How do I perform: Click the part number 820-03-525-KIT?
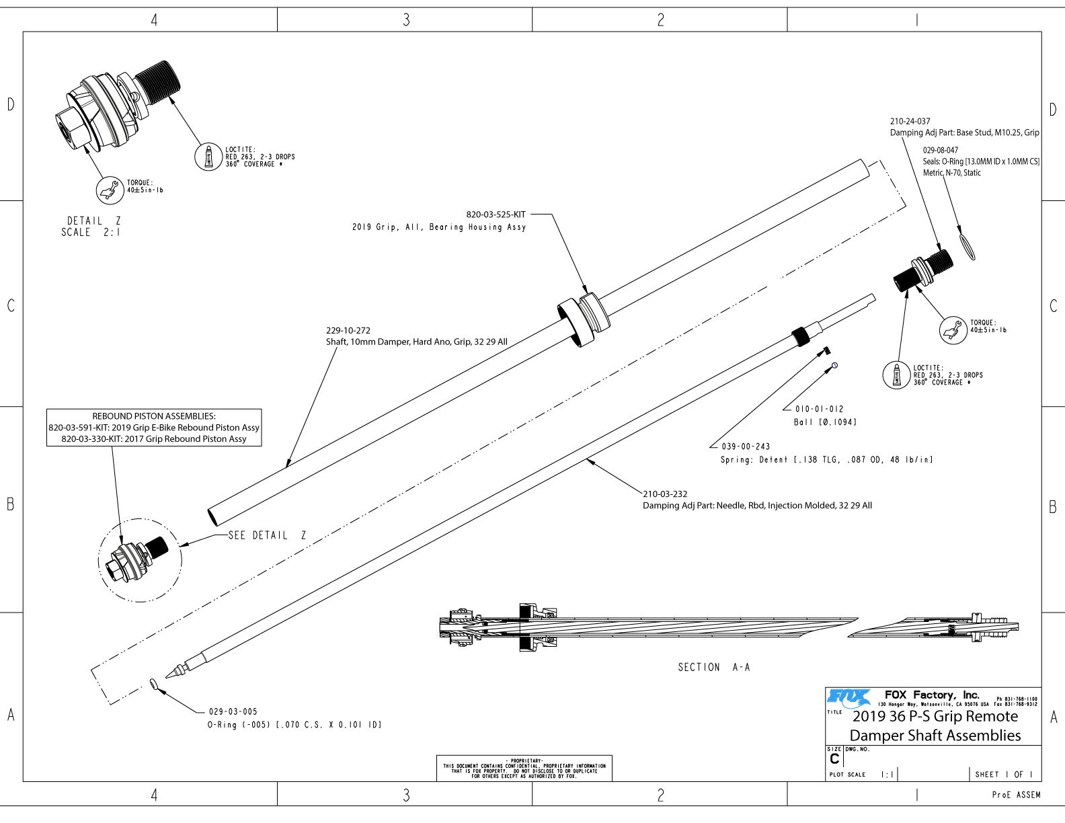496,214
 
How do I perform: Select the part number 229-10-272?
348,330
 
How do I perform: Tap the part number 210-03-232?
665,494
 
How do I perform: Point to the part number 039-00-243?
746,446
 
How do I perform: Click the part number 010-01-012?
819,409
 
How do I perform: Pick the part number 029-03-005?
233,711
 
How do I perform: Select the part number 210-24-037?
910,121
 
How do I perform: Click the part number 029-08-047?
941,150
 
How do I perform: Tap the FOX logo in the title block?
849,697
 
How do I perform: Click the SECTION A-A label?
713,667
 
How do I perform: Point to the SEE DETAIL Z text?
267,535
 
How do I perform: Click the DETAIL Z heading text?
93,221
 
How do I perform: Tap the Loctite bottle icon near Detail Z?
208,157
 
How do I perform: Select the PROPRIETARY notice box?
524,769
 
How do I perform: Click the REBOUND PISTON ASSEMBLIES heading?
153,416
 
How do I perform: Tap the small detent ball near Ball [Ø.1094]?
834,365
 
